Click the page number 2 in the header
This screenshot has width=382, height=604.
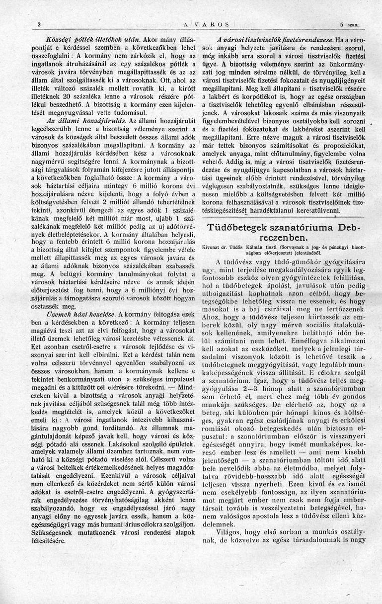click(x=39, y=24)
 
